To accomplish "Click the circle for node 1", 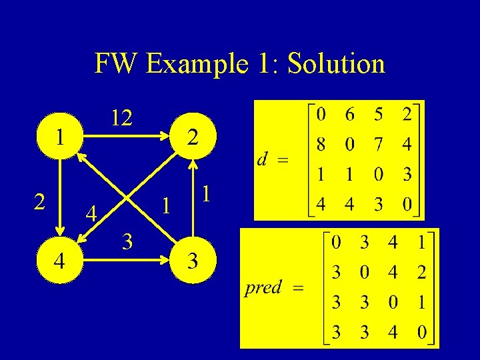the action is pos(60,137).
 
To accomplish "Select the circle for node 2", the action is pos(192,139).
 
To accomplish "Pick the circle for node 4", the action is pos(60,260).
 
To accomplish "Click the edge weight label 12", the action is pos(121,118).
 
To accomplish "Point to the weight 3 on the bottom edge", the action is pos(127,240).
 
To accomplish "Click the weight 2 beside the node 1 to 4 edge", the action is pos(40,201).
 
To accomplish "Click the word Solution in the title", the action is pos(335,64).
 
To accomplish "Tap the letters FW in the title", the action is pos(117,64).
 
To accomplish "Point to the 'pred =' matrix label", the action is pos(274,288).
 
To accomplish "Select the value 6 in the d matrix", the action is pos(349,115).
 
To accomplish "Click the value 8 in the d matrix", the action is pos(321,145).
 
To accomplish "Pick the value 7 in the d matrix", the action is pos(378,145).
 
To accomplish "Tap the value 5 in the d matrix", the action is pos(378,115).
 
